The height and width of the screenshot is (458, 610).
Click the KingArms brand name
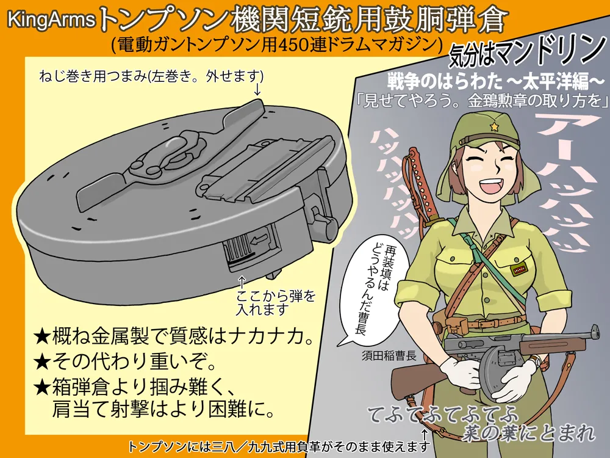pyautogui.click(x=51, y=20)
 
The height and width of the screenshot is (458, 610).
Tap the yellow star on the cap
pyautogui.click(x=495, y=126)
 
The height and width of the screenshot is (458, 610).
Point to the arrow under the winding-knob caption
pyautogui.click(x=257, y=89)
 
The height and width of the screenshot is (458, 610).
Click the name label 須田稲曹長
pyautogui.click(x=389, y=357)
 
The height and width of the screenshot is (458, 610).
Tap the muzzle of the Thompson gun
pyautogui.click(x=595, y=332)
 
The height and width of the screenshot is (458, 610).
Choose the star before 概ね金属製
pyautogui.click(x=41, y=336)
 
